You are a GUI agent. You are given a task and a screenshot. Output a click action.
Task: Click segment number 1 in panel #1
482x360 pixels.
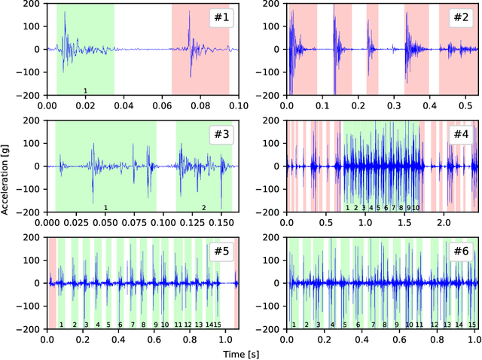(85, 91)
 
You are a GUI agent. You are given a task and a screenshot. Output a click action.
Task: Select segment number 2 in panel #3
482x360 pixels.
(203, 208)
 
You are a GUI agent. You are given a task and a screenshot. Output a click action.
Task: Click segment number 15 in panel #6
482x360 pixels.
(472, 325)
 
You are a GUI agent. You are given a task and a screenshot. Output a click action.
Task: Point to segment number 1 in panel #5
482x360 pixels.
(62, 325)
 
